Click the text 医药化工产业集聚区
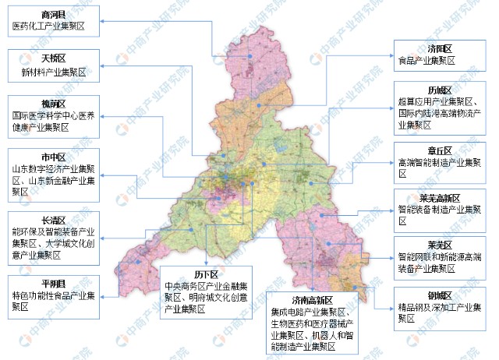(x=48, y=26)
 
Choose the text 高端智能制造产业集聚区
(x=441, y=163)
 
